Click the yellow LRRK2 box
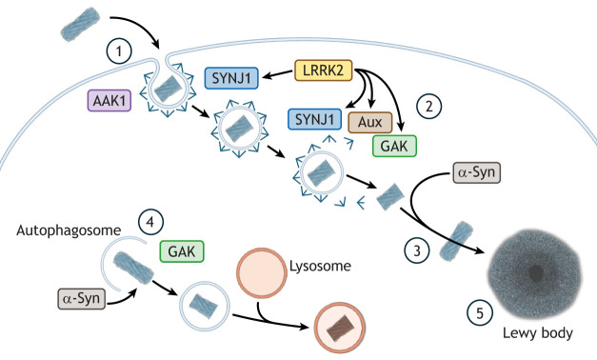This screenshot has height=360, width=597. (323, 70)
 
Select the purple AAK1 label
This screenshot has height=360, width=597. (109, 101)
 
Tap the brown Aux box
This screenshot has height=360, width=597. (370, 122)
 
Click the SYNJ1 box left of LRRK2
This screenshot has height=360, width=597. (231, 78)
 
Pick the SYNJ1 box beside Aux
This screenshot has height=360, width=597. (314, 119)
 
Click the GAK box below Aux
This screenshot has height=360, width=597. (394, 146)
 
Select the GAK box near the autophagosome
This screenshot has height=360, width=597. (182, 251)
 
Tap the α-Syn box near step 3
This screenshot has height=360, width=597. (477, 172)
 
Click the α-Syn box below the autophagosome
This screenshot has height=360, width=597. (82, 298)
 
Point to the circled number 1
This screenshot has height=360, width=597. (119, 50)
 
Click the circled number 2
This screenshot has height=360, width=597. (429, 106)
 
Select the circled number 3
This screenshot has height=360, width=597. (417, 250)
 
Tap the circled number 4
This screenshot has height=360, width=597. (150, 221)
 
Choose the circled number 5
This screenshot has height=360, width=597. (480, 313)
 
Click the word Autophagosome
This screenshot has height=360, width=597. (69, 230)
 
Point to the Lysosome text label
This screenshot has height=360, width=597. (320, 266)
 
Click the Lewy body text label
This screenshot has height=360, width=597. (538, 333)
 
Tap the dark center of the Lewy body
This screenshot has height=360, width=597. (536, 272)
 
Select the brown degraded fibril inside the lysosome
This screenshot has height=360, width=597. (340, 328)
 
